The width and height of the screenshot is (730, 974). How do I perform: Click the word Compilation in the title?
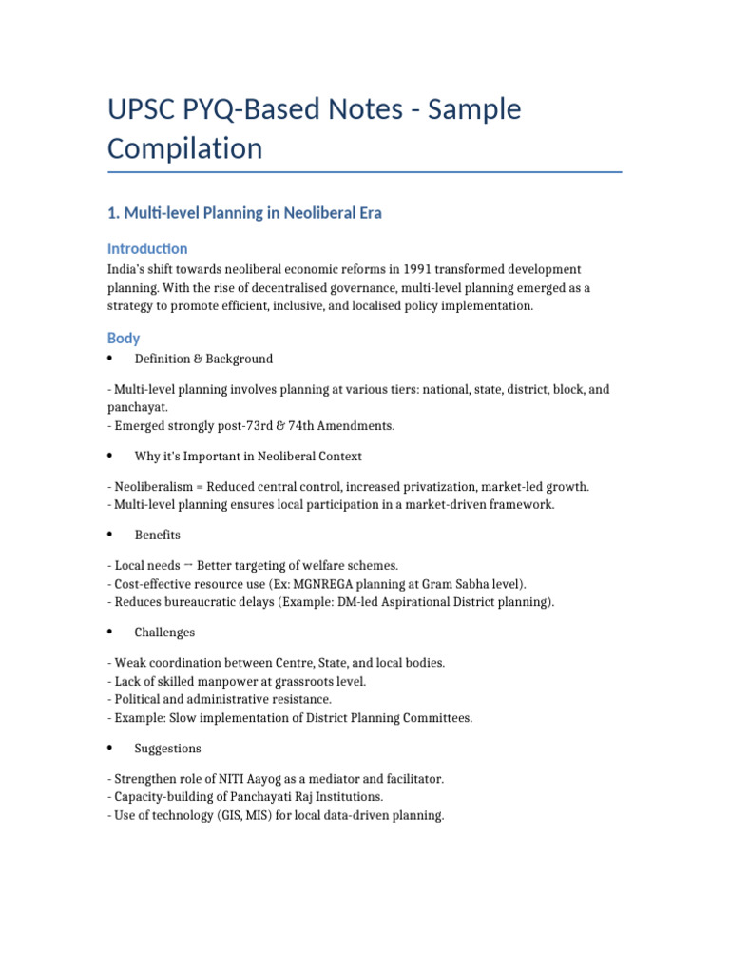pos(184,148)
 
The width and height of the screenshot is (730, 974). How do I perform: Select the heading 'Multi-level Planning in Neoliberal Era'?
pos(244,213)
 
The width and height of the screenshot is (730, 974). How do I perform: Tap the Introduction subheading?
pos(147,248)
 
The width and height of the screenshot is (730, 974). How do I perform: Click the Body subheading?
pos(124,338)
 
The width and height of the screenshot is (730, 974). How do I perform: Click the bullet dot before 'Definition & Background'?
pos(110,359)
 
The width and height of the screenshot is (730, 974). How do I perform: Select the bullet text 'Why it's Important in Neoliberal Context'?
pos(248,457)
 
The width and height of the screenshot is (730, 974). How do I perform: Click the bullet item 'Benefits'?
pos(157,535)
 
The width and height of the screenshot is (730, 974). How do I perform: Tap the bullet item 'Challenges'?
pos(164,633)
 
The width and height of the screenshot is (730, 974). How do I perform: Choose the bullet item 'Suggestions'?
pos(167,749)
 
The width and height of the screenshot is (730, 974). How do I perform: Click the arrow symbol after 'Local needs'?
pos(188,565)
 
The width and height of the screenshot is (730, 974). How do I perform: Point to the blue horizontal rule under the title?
pos(364,172)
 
